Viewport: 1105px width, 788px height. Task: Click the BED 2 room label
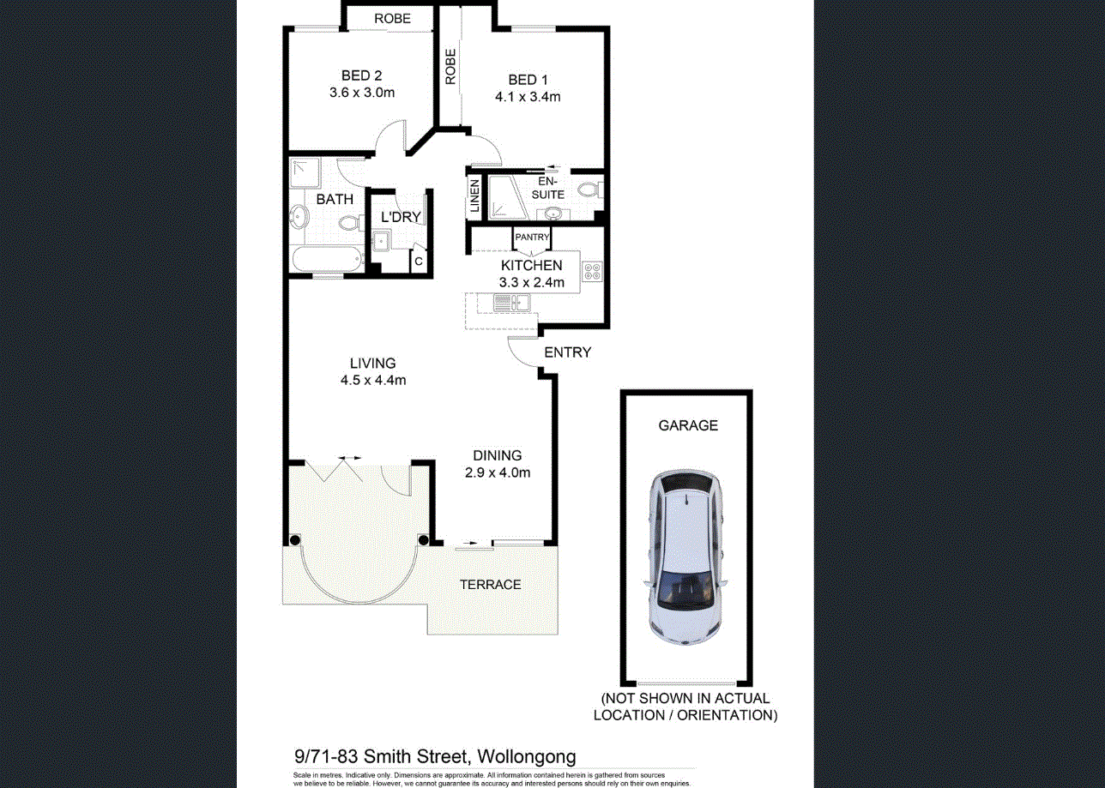(360, 76)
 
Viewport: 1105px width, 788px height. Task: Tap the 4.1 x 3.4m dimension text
(528, 97)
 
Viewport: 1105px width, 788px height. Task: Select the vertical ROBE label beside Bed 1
(450, 66)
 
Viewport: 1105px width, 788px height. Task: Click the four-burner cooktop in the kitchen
(592, 271)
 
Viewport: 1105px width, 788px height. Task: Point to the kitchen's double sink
(511, 302)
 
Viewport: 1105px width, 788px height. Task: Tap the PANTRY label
(532, 238)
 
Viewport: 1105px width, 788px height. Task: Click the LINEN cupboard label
(474, 197)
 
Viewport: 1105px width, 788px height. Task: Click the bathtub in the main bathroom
(327, 260)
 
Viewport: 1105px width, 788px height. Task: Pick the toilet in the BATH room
(348, 223)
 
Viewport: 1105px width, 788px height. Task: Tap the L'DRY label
(401, 218)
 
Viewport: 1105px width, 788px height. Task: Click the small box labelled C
(419, 261)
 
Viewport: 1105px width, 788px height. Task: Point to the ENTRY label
(567, 352)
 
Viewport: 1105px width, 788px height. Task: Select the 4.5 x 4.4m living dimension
(372, 380)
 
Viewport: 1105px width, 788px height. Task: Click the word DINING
(497, 455)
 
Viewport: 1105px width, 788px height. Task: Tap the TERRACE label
(490, 585)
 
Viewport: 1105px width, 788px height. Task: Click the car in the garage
(687, 557)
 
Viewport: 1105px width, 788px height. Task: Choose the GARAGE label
(688, 425)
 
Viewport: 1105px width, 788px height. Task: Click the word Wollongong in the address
(526, 756)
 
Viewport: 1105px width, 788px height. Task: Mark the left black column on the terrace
(295, 540)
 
